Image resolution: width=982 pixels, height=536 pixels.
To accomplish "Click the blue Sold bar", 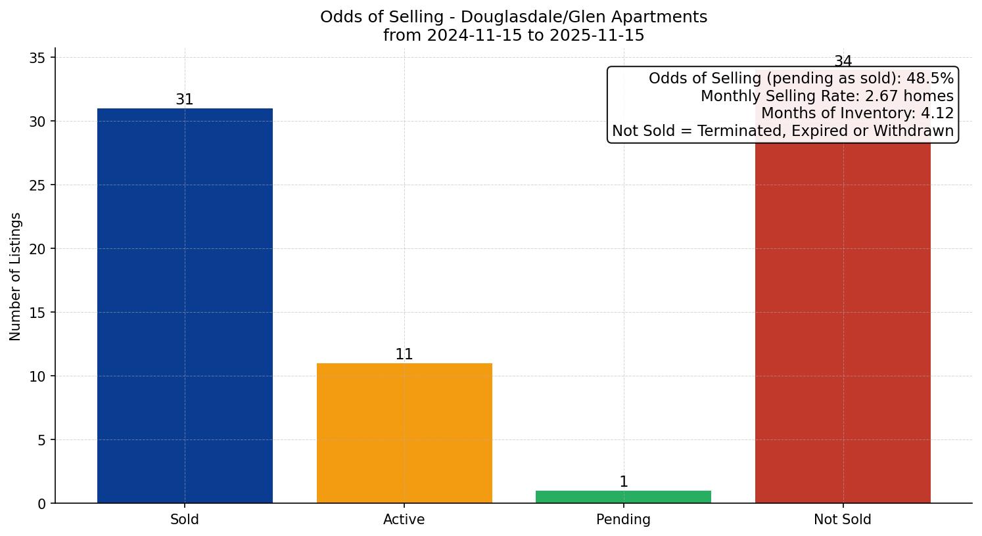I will click(185, 305).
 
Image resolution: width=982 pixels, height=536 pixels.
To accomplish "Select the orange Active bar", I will click(404, 433).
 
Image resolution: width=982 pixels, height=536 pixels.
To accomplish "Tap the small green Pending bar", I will click(623, 497).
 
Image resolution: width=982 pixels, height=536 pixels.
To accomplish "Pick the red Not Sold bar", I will click(843, 322).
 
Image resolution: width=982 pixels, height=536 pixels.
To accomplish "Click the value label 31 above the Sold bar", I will click(185, 99).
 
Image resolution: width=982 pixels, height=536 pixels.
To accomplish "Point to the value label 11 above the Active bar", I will click(404, 354).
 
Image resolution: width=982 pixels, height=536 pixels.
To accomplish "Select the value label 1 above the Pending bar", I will click(623, 481).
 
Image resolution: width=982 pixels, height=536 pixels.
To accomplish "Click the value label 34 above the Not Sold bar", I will click(843, 61).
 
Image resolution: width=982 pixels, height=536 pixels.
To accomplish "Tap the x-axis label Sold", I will click(185, 520).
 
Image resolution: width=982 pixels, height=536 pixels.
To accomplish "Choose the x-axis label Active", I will click(404, 520).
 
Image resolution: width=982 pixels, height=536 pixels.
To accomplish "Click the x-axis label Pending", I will click(623, 520).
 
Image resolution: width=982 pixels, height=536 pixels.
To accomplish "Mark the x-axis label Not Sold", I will click(843, 520).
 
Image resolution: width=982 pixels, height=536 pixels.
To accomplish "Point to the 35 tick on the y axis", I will click(37, 58).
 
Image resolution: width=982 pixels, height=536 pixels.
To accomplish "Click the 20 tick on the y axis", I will click(37, 249).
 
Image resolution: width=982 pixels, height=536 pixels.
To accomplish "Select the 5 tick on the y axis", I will click(41, 440).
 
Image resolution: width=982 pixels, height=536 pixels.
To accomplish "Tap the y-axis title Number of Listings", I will click(16, 276).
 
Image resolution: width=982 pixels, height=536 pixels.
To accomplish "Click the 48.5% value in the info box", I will click(929, 78).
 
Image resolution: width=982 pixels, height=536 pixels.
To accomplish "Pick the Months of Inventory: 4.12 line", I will click(857, 113).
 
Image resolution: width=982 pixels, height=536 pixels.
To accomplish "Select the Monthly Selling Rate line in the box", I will click(827, 96).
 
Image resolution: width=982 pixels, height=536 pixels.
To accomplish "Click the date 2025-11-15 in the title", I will click(597, 35).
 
